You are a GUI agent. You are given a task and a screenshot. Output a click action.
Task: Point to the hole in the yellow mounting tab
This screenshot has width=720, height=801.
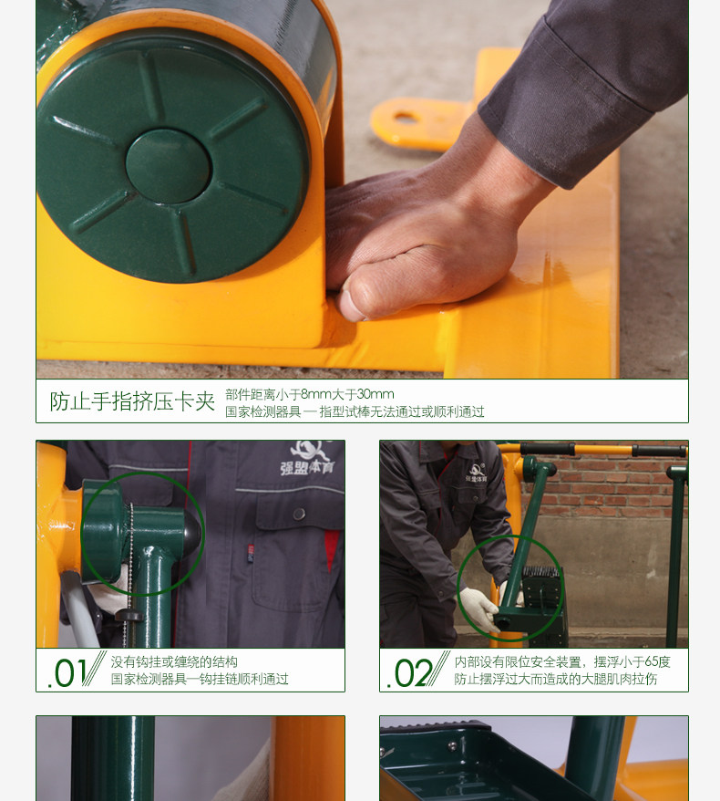click(404, 116)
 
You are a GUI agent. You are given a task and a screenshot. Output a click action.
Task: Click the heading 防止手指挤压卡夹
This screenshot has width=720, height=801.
click(131, 401)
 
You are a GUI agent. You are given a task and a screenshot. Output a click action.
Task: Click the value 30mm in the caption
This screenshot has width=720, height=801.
click(375, 394)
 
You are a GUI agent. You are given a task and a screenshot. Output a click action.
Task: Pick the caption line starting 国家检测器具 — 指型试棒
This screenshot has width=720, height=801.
click(355, 411)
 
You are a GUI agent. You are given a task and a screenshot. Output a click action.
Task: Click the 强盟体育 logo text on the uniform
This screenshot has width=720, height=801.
click(304, 469)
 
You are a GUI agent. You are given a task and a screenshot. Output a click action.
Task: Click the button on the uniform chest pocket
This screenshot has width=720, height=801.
click(298, 515)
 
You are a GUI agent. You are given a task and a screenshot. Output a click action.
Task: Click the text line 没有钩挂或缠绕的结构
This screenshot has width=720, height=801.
click(174, 661)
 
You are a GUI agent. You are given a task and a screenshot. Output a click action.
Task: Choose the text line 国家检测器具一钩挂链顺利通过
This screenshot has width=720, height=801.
click(200, 679)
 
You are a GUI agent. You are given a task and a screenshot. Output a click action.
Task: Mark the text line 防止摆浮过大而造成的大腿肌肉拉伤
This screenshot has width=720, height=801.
click(555, 679)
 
